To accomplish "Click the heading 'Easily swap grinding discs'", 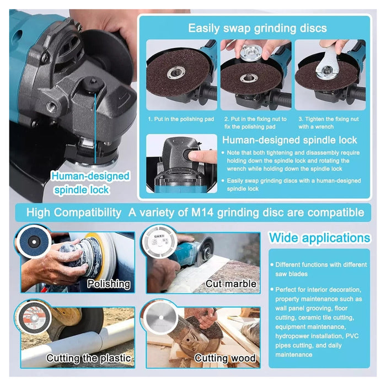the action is [x=258, y=28].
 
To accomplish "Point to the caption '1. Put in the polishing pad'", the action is [x=181, y=119].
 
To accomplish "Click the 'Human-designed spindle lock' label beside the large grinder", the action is [x=90, y=183].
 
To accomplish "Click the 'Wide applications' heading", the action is [x=319, y=238].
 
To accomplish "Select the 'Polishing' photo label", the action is [x=109, y=284].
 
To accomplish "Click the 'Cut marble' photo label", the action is [x=230, y=284].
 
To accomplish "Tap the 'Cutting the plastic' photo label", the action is [x=89, y=358].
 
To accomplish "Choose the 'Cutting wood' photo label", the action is [x=225, y=358].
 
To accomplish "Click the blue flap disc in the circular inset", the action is [x=34, y=242].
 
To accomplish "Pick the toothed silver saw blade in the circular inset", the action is [x=161, y=318].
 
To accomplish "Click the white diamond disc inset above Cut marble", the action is [x=159, y=241].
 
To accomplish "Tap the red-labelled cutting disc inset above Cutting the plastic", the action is [x=34, y=318].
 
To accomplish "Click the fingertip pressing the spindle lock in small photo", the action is [x=195, y=156].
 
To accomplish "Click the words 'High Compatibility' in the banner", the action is [x=73, y=212].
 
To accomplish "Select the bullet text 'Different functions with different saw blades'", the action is [x=319, y=269].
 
